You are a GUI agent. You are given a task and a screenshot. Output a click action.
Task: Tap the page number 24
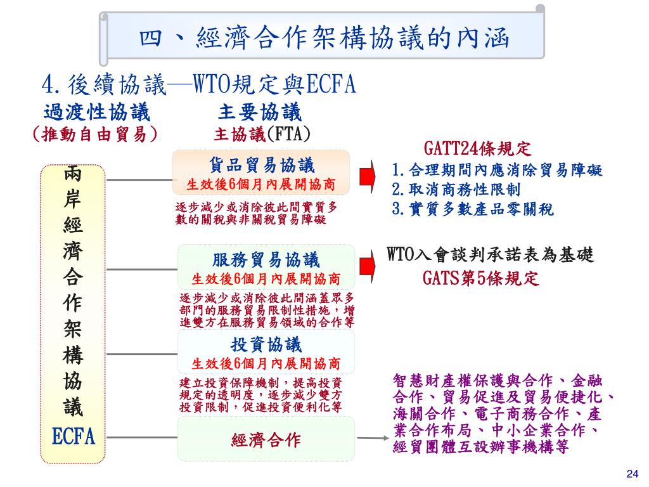click(631, 474)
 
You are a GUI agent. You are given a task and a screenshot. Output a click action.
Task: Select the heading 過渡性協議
click(97, 114)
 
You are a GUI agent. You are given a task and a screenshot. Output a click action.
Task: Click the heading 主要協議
click(260, 114)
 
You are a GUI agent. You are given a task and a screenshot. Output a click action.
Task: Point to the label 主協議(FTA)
click(262, 134)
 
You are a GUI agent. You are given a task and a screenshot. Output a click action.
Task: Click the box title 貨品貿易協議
click(262, 166)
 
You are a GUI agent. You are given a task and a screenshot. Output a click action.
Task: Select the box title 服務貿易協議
click(266, 260)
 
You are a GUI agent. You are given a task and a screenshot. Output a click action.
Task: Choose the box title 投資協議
click(266, 345)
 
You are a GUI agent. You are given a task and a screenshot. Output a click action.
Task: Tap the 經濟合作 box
click(266, 439)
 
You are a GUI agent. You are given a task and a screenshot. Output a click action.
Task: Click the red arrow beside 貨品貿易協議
click(366, 175)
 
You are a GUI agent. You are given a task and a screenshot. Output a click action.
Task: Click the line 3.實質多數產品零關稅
click(473, 209)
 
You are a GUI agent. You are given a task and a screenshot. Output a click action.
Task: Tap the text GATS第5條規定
click(481, 278)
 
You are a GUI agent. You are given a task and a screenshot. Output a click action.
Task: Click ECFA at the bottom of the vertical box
click(74, 437)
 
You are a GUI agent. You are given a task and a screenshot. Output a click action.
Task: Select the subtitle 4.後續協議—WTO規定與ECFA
click(198, 84)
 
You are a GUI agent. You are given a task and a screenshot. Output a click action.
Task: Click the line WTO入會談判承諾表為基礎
click(491, 256)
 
